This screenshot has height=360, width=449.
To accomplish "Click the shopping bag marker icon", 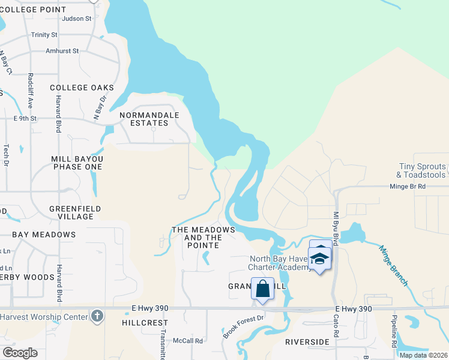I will coord(263,289).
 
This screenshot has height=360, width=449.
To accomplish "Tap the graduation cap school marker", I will coord(320,259).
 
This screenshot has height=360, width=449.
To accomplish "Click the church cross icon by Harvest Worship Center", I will coord(97,316).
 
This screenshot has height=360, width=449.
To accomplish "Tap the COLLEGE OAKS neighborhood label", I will coord(82,88).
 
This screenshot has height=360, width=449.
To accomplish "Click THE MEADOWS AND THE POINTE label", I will coord(203,234).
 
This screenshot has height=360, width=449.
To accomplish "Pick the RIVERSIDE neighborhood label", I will coord(308,342).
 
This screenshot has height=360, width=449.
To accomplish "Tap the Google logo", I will coord(19,352).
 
